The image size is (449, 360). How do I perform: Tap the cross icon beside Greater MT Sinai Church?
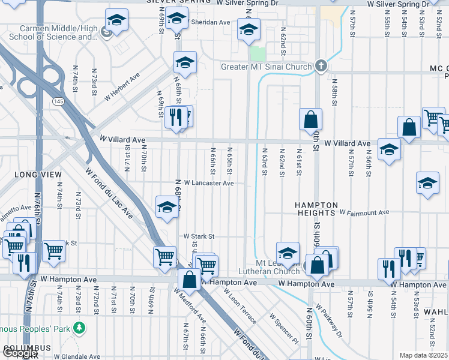321,66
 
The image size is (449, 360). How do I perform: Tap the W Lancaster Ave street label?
209,183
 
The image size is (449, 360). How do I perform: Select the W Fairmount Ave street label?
364,212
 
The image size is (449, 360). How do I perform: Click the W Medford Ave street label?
190,305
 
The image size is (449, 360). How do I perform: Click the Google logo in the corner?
20,353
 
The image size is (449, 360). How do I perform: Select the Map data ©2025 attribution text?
423,355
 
